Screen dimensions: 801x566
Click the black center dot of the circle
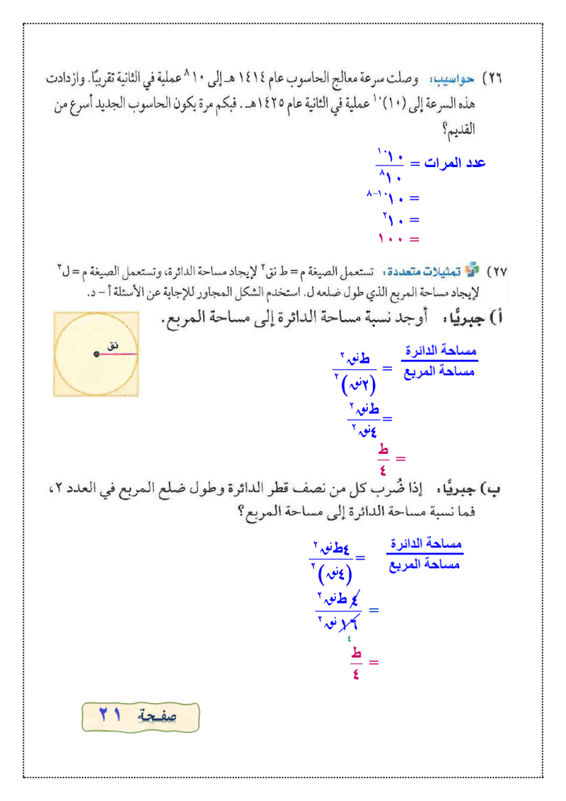(97, 353)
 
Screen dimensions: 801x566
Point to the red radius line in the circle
(117, 353)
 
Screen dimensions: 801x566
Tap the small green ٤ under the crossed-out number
(348, 637)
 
